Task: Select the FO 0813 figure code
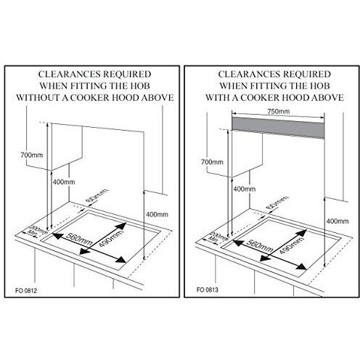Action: (207, 288)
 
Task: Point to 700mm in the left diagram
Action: (28, 155)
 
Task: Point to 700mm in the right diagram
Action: (210, 161)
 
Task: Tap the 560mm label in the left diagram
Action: (77, 237)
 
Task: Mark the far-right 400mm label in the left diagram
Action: (157, 215)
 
